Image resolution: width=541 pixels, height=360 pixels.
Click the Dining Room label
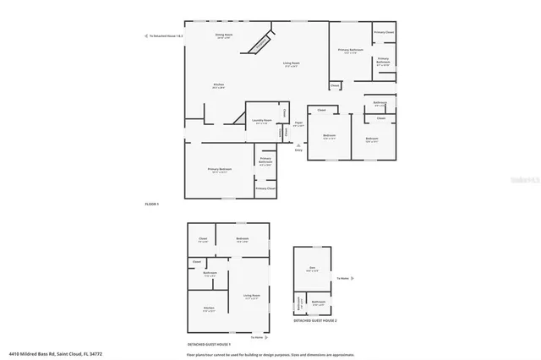(224, 36)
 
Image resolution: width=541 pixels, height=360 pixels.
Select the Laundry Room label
(262, 121)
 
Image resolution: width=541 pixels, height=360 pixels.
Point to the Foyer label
(298, 124)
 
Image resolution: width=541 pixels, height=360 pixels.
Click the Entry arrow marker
(298, 149)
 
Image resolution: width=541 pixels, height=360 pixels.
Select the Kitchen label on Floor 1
(218, 85)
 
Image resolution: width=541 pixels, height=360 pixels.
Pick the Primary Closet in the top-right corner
(384, 32)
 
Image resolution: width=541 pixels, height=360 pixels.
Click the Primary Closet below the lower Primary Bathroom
(265, 188)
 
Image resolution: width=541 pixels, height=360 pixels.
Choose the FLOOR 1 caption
(151, 205)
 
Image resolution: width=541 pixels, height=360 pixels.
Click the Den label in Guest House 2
(312, 269)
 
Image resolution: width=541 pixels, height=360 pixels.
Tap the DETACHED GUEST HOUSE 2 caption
(315, 321)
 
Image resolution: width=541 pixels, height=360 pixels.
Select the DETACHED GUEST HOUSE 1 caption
(209, 345)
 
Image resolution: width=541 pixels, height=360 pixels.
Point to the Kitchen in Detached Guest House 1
(208, 308)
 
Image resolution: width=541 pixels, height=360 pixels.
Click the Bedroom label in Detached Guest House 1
(242, 240)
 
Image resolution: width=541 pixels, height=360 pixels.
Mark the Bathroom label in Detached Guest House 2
(319, 303)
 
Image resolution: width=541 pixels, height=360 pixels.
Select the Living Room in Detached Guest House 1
(251, 297)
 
